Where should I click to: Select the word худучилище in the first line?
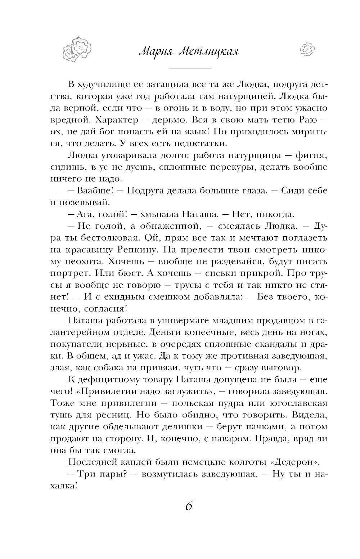111,85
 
